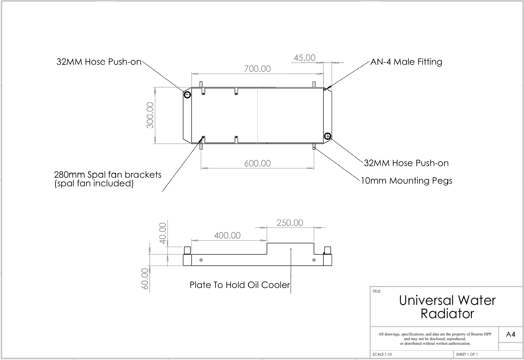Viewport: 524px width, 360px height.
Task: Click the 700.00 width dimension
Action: pyautogui.click(x=257, y=69)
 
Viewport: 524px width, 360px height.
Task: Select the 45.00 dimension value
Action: pyautogui.click(x=305, y=58)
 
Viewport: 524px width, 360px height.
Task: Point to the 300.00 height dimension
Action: pyautogui.click(x=150, y=115)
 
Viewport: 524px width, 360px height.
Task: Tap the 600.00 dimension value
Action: pyautogui.click(x=257, y=163)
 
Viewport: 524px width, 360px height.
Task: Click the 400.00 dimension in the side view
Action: pyautogui.click(x=227, y=235)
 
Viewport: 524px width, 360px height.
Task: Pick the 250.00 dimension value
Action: pyautogui.click(x=290, y=223)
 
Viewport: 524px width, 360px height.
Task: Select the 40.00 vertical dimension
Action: pyautogui.click(x=163, y=233)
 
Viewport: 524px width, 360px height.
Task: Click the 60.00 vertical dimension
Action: pyautogui.click(x=145, y=279)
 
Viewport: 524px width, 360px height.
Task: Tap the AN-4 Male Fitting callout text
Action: pyautogui.click(x=406, y=62)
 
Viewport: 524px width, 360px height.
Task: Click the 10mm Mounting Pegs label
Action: pyautogui.click(x=406, y=181)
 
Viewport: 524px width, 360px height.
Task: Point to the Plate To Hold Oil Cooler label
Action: pyautogui.click(x=240, y=285)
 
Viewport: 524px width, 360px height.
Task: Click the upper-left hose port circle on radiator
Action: pyautogui.click(x=187, y=95)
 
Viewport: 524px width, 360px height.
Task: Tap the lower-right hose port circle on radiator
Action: pyautogui.click(x=327, y=136)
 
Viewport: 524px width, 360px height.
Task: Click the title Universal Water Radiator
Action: pyautogui.click(x=447, y=307)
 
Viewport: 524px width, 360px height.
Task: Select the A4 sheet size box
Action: pyautogui.click(x=510, y=334)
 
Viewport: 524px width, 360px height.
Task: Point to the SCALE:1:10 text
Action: pyautogui.click(x=382, y=354)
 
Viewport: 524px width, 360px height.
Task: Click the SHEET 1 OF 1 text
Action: pyautogui.click(x=467, y=354)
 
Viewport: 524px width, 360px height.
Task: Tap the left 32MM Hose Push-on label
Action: pyautogui.click(x=99, y=62)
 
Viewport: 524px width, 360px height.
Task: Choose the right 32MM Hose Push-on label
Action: pyautogui.click(x=406, y=163)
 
